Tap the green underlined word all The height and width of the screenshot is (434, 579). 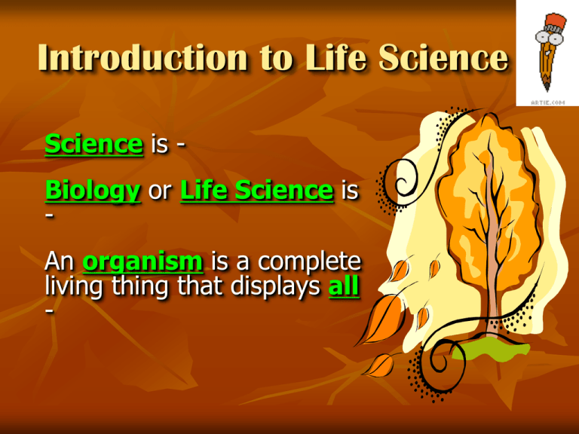(344, 287)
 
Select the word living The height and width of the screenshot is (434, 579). (72, 287)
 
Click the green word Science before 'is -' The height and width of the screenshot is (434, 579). (93, 143)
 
